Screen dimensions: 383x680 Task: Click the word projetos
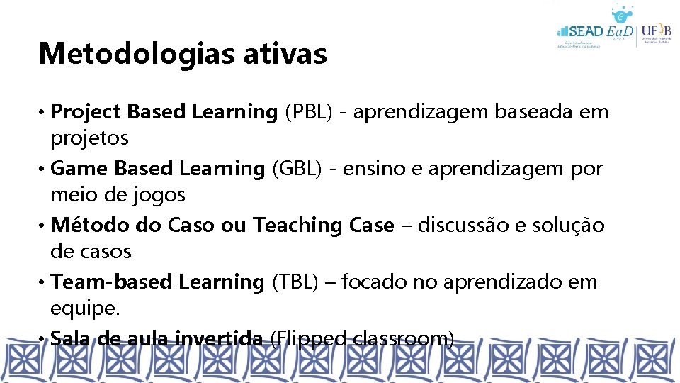[89, 138]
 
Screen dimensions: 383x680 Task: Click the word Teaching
[298, 225]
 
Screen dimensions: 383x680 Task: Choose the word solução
[572, 225]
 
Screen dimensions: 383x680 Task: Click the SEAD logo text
[584, 32]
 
